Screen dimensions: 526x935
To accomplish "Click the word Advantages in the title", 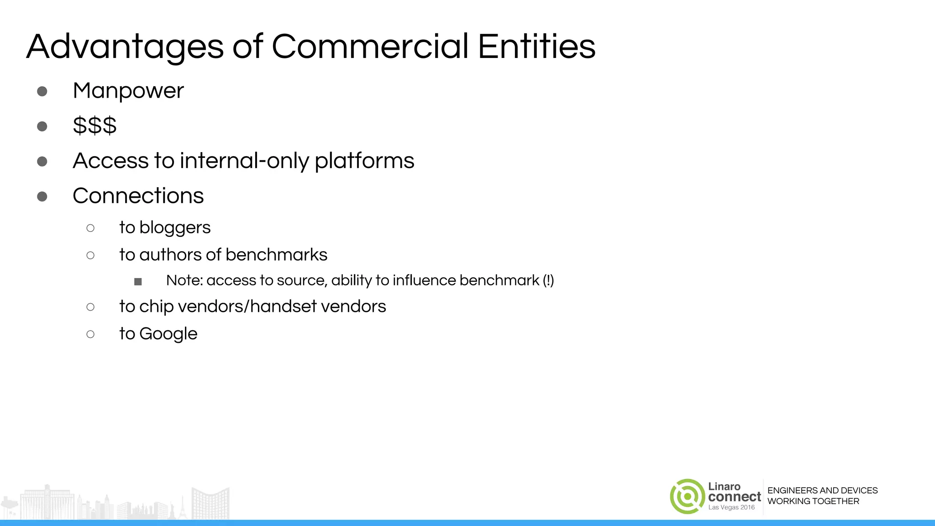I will click(x=125, y=47).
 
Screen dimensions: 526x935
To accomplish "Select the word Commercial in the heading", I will click(x=370, y=47).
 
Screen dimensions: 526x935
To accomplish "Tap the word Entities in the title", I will click(x=536, y=47).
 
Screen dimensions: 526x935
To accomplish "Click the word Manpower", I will click(x=128, y=91).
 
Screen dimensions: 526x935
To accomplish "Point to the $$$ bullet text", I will click(x=95, y=126).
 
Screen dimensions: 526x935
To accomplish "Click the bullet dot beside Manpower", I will click(x=42, y=91).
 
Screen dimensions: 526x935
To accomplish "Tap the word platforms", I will click(x=364, y=161).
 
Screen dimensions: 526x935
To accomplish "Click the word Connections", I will click(x=138, y=196).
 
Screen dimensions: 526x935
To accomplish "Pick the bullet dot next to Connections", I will click(x=42, y=196).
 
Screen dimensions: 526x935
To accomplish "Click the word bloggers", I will click(x=175, y=227).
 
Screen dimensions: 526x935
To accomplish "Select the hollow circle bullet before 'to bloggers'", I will click(x=90, y=228).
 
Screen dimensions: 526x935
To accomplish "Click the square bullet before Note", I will click(x=138, y=282).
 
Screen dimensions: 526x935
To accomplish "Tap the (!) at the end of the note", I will click(x=548, y=280).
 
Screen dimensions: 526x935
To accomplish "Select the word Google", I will click(x=168, y=334).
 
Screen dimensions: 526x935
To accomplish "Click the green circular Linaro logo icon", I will click(x=687, y=496).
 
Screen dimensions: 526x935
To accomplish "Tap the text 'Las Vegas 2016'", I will click(x=731, y=507).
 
